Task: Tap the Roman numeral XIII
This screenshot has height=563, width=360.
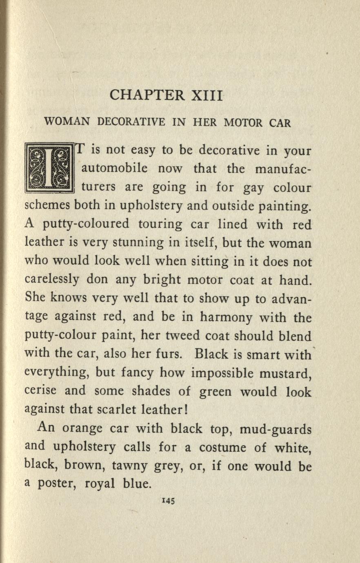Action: [x=207, y=95]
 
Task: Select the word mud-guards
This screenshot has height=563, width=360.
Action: [x=276, y=430]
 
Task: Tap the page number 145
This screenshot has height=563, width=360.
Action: [x=168, y=501]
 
